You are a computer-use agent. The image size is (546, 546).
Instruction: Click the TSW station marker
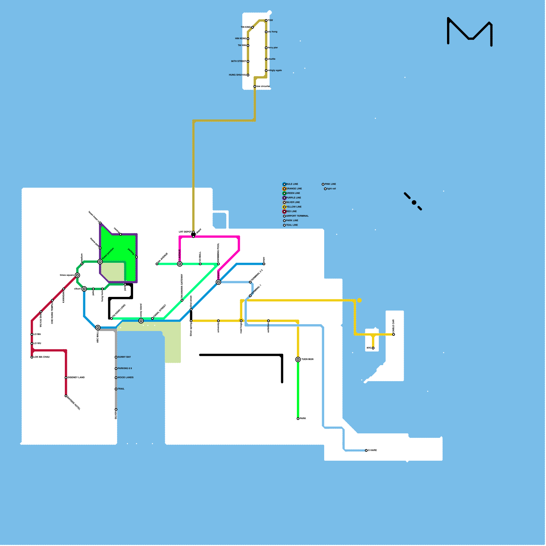[266, 20]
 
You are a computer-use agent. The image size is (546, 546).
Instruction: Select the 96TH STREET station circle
[248, 61]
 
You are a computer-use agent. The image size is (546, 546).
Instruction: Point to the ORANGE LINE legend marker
[284, 189]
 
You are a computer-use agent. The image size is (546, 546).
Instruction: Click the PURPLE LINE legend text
[293, 198]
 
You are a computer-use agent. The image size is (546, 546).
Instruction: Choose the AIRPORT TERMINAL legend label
[297, 216]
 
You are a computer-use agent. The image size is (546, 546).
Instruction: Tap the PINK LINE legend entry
[330, 184]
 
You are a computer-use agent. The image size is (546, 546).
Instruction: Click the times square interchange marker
[77, 275]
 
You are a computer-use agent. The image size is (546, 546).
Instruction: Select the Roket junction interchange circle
[100, 262]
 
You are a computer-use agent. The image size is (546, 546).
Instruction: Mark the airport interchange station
[218, 282]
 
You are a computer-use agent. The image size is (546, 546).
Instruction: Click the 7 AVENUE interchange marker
[180, 264]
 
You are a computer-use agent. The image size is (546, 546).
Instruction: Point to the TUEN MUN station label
[307, 359]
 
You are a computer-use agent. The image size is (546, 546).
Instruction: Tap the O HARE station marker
[366, 450]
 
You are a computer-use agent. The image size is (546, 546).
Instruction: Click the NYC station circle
[373, 348]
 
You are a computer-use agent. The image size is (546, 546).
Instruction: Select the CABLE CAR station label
[393, 326]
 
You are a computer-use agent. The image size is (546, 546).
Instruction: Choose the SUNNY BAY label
[124, 357]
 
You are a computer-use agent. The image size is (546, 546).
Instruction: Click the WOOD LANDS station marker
[116, 378]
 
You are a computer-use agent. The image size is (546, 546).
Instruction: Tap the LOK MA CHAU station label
[41, 357]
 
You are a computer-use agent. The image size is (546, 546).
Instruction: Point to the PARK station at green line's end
[298, 419]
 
